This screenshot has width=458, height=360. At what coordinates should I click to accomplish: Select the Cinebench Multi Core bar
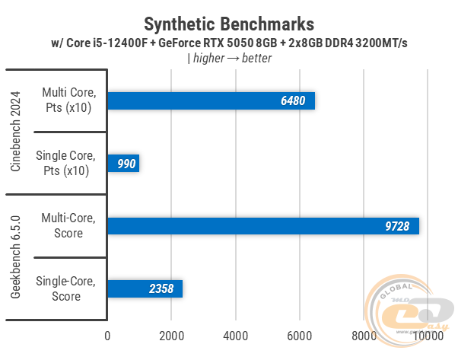coord(211,101)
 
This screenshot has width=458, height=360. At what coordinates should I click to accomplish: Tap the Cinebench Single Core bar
coord(123,164)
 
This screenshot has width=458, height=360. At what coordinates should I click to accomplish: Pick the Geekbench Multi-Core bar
coord(263,226)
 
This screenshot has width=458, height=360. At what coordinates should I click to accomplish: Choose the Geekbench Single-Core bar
coord(145,288)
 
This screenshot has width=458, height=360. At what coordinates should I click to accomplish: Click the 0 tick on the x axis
coord(107,335)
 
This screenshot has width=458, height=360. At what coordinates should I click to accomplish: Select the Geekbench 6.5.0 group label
coord(16,257)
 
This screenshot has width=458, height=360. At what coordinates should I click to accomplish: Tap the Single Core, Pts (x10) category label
coord(66,164)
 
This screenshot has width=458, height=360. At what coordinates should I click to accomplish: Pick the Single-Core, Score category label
coord(66,288)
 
